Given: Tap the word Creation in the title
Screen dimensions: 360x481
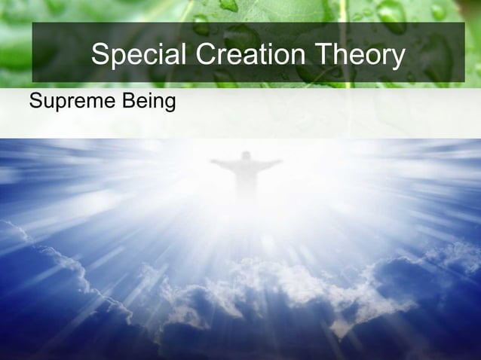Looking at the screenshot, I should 242,55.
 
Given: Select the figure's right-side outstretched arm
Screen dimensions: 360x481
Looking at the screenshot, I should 269,163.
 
